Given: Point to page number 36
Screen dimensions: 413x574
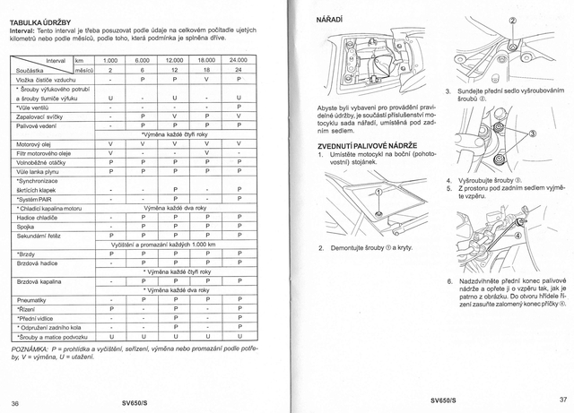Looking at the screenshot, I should pyautogui.click(x=14, y=400).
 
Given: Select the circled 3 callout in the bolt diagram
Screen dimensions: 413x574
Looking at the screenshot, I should pyautogui.click(x=535, y=133).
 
